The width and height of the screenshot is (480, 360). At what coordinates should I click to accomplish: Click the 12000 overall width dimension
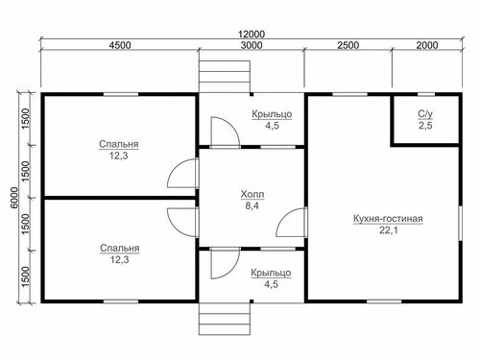(252, 34)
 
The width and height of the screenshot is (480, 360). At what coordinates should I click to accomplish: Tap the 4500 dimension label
(120, 45)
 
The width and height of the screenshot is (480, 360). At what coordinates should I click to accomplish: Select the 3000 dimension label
(252, 45)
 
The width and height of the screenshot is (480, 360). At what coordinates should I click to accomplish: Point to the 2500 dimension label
(348, 45)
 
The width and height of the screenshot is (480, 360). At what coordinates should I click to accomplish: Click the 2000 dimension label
(427, 45)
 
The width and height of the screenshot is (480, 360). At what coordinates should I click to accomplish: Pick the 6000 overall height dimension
(14, 198)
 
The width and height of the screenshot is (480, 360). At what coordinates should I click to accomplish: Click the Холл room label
(252, 194)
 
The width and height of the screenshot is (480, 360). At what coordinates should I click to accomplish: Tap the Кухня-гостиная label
(388, 219)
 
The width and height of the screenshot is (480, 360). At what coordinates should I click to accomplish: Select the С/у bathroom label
(425, 114)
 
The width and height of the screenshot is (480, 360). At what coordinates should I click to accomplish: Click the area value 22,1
(389, 230)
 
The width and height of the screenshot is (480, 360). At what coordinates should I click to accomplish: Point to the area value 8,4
(252, 205)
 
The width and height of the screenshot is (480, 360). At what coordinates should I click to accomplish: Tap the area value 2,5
(425, 126)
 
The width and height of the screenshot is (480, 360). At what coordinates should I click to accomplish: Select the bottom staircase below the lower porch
(225, 319)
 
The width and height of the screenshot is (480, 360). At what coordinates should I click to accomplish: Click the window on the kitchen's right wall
(460, 223)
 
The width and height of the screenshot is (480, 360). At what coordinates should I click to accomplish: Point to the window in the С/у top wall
(426, 94)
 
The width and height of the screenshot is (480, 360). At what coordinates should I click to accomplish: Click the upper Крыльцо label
(272, 114)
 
